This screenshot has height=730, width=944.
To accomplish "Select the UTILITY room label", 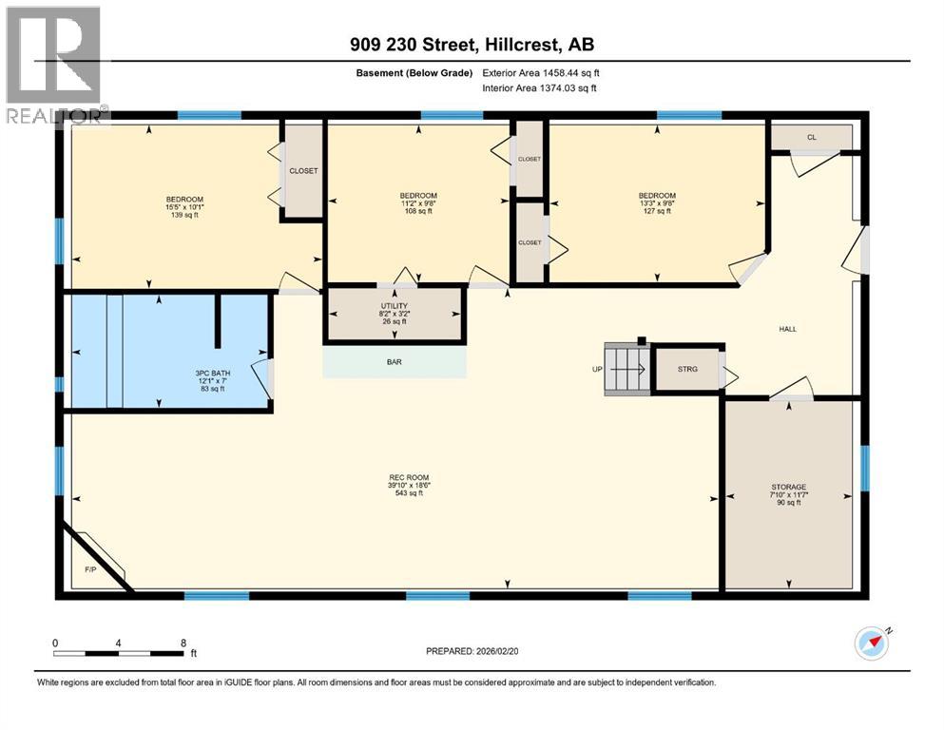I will coord(394,305).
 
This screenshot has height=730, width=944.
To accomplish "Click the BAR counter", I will coord(395,362).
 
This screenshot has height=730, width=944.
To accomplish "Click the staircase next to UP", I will coord(626,368).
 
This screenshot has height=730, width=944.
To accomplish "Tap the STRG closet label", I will coord(687,368).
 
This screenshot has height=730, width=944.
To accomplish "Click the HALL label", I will coord(787,329).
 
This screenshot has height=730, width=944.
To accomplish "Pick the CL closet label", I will coord(811,137).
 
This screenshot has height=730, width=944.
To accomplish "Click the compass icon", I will coord(871,644).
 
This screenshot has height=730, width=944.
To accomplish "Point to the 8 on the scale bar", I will coord(183,644).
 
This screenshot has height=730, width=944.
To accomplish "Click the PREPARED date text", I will coord(473,651).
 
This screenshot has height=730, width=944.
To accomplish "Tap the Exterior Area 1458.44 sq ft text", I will coord(541,72).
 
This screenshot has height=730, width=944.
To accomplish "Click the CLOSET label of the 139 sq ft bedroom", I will coord(303,171).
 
